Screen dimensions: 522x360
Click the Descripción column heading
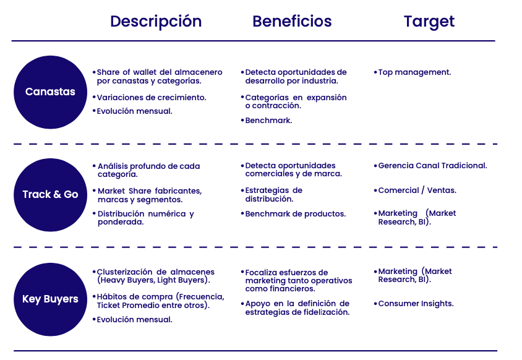click(x=156, y=22)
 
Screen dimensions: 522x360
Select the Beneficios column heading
click(x=292, y=21)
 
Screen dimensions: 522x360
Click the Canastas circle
click(x=50, y=92)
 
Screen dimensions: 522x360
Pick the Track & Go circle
click(x=50, y=195)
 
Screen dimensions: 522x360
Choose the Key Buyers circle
click(x=50, y=299)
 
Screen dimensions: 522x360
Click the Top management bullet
click(x=413, y=72)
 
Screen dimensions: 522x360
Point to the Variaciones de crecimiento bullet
click(x=149, y=98)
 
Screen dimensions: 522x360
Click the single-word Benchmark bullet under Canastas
click(x=267, y=120)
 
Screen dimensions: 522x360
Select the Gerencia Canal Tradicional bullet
click(x=430, y=166)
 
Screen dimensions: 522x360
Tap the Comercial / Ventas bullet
click(x=415, y=190)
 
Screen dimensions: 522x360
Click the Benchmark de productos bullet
click(x=293, y=214)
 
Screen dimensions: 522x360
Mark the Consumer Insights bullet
click(x=414, y=303)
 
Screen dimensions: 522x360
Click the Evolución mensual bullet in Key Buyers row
click(x=132, y=319)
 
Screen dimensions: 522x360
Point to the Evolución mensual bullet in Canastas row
click(x=132, y=111)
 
